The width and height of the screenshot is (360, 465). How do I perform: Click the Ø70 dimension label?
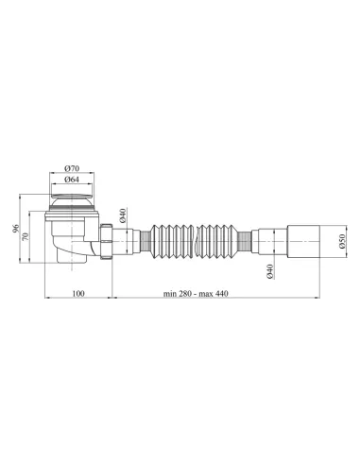pos(72,168)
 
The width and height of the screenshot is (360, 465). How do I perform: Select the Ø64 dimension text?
pos(72,180)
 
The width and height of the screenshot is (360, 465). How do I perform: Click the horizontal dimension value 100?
pos(78,295)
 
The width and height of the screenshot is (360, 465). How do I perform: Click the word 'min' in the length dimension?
pos(168,295)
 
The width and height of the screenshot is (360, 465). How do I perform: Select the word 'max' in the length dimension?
pos(210,295)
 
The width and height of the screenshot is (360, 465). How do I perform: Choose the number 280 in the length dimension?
pos(185,295)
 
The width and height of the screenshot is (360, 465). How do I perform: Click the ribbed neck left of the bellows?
pos(142,240)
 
